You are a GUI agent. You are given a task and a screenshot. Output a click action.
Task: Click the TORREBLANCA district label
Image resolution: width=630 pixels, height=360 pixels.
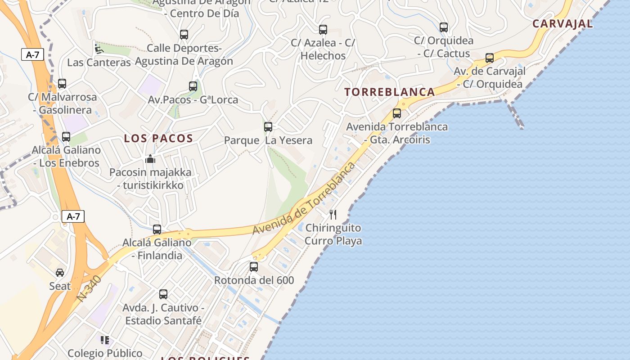(390, 92)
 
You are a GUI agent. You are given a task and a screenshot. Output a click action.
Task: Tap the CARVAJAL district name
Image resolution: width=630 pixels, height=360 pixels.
(562, 24)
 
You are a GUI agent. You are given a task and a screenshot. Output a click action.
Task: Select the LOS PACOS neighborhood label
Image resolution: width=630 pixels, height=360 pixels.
(158, 139)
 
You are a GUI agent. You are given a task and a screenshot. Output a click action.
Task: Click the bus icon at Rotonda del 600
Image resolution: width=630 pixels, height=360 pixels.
(254, 267)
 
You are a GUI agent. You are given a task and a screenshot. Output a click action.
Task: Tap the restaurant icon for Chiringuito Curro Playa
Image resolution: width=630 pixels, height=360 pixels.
(333, 214)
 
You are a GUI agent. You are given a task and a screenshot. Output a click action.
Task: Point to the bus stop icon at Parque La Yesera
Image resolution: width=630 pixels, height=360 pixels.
(268, 127)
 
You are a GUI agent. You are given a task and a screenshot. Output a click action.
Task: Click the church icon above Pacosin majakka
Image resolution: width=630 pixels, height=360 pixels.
(150, 159)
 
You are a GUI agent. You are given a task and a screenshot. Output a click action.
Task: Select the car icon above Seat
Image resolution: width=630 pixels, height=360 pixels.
(60, 273)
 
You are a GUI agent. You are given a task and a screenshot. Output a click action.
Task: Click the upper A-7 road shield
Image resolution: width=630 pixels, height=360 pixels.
(32, 55)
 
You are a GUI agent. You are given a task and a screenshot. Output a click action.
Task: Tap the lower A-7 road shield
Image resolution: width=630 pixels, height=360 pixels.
(73, 216)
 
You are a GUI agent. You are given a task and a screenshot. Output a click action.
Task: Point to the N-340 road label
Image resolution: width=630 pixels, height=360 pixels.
(89, 288)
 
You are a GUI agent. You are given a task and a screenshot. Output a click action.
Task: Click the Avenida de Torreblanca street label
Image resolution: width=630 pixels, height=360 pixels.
(304, 198)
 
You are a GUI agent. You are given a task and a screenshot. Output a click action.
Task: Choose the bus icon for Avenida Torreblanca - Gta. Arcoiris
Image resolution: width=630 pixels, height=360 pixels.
(396, 113)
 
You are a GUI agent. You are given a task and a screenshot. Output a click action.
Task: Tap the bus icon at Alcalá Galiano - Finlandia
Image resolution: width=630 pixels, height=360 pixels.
(157, 229)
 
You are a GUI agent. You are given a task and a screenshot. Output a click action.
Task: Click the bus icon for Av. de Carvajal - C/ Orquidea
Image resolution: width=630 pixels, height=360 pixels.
(490, 58)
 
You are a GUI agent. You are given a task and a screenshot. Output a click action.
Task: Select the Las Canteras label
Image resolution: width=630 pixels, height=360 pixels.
(99, 63)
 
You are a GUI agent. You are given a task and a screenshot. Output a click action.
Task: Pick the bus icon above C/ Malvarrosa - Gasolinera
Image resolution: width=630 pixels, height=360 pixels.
(62, 84)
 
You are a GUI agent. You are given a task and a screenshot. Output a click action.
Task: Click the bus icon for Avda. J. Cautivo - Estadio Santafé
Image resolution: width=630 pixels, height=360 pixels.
(163, 294)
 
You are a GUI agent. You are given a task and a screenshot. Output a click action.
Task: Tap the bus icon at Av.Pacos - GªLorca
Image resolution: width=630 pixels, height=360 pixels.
(193, 86)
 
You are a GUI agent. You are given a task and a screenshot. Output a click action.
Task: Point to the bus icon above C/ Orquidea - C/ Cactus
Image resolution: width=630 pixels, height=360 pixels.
(444, 27)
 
